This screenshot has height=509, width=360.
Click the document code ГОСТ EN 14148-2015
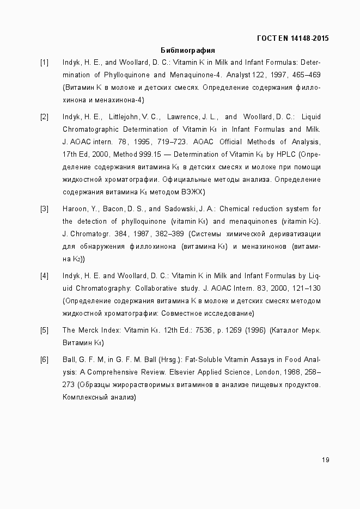[292, 38]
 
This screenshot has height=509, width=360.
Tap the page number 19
[325, 460]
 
